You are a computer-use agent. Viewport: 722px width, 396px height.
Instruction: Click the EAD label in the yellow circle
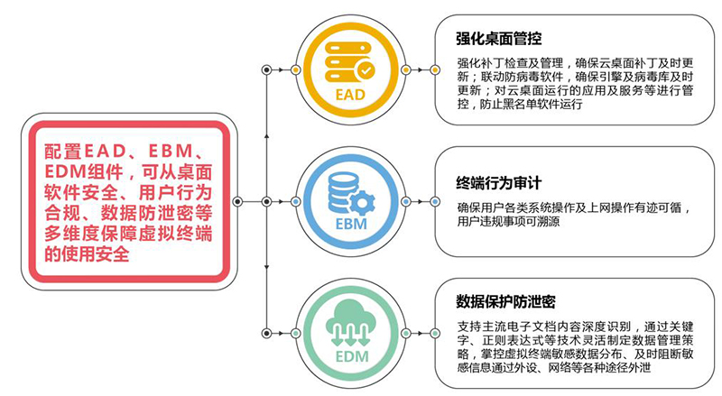click(x=350, y=95)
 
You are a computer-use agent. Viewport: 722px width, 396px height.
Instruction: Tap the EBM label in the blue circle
click(x=351, y=225)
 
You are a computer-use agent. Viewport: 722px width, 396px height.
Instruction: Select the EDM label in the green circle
click(x=352, y=356)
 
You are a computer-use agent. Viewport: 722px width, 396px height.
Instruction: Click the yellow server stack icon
click(x=349, y=62)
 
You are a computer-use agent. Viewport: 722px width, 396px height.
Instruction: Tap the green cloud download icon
click(x=350, y=323)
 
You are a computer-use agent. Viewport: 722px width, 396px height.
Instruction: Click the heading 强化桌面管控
click(x=499, y=38)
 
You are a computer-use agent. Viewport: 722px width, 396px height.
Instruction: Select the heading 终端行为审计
click(x=499, y=183)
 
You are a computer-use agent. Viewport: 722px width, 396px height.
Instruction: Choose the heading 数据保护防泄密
click(x=505, y=301)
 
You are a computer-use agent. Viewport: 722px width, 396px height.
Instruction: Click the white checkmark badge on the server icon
click(x=366, y=71)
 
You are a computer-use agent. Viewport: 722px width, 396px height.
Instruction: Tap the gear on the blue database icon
click(x=363, y=203)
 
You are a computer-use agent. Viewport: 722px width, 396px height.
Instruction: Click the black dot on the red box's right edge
click(x=237, y=202)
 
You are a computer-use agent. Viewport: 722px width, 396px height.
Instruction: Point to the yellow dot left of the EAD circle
click(x=296, y=70)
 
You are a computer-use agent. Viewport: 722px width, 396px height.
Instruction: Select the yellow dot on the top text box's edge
click(x=435, y=70)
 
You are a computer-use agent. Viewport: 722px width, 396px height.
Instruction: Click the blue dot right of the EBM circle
click(x=406, y=202)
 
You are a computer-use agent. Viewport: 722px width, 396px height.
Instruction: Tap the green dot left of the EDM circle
click(x=296, y=333)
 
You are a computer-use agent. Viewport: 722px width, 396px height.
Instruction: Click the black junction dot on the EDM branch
click(x=266, y=333)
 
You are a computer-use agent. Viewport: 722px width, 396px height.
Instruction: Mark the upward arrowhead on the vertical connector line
click(x=266, y=136)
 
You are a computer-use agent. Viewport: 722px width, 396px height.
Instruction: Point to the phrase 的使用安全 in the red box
click(x=87, y=253)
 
